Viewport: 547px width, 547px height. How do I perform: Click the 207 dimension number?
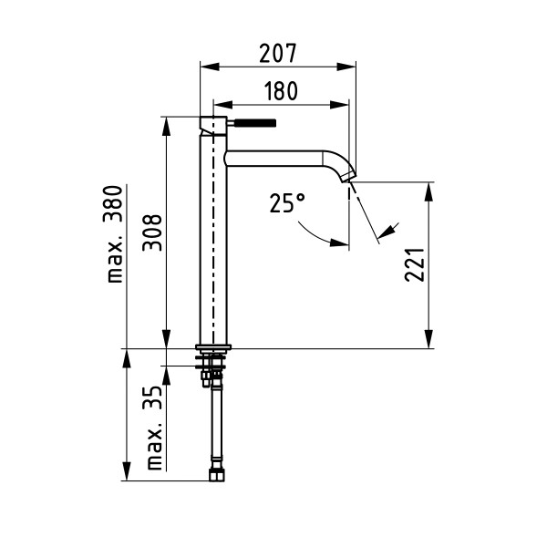(x=278, y=53)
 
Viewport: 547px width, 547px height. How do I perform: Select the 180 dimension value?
(x=281, y=91)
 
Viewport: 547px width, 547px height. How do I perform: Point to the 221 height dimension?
(x=415, y=264)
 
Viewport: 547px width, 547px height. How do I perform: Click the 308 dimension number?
(x=152, y=232)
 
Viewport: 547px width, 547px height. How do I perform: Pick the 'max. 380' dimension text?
(x=113, y=234)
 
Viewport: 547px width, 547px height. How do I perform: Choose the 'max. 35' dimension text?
(x=153, y=428)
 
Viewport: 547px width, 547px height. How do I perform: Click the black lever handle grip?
(x=255, y=123)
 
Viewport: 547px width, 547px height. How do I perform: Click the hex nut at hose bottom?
(x=217, y=475)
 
